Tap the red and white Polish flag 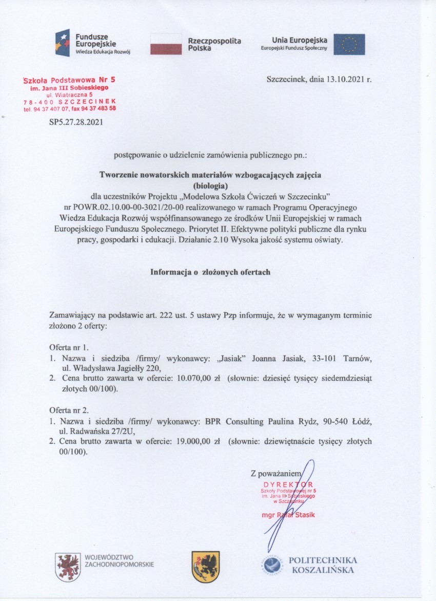pyautogui.click(x=166, y=44)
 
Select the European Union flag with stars pyautogui.click(x=349, y=44)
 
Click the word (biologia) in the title pyautogui.click(x=210, y=185)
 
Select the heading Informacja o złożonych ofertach pyautogui.click(x=210, y=272)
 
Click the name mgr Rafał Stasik pyautogui.click(x=287, y=515)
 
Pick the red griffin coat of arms pyautogui.click(x=68, y=567)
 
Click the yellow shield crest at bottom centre pyautogui.click(x=205, y=567)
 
